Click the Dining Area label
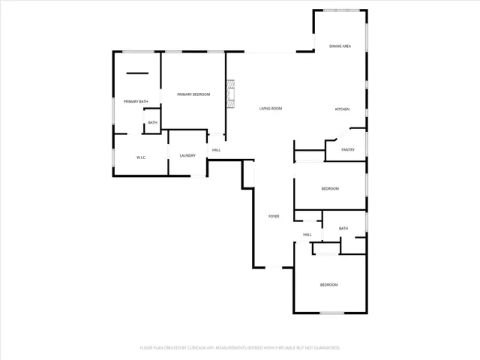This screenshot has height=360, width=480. coord(340,46)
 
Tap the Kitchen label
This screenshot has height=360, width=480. coord(342,110)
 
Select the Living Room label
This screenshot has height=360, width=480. coord(271,109)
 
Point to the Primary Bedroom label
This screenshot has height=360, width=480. coord(193,94)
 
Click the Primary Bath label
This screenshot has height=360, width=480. coord(136,101)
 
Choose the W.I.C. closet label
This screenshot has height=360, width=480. coord(140,157)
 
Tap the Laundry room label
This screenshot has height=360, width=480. coord(187,156)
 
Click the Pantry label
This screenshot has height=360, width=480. coord(348,150)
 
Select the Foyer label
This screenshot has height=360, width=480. coord(274,217)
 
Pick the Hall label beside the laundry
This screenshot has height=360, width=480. coord(216,150)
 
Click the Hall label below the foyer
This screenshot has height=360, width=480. coord(307,235)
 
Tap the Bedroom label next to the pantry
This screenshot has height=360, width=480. coord(330,188)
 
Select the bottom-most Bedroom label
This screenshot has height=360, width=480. coord(329,285)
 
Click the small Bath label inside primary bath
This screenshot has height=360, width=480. coord(152,123)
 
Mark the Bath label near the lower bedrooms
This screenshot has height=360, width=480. coord(343,229)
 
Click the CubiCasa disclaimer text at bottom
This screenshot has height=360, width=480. coord(240,348)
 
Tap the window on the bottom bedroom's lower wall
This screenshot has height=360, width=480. coord(331,313)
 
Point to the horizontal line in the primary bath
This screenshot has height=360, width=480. coord(137,73)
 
